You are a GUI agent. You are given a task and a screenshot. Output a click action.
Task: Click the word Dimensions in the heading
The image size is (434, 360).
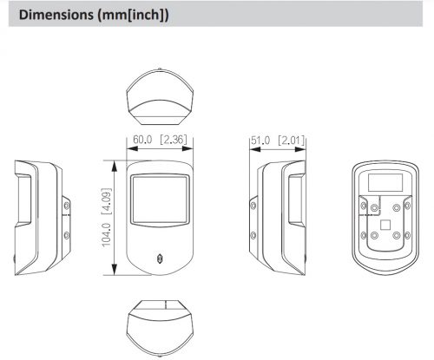pyautogui.click(x=56, y=15)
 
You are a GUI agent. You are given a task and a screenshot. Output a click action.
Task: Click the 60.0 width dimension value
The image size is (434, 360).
pyautogui.click(x=142, y=140)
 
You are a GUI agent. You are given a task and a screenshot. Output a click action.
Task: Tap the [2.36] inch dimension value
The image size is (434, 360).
pyautogui.click(x=174, y=140)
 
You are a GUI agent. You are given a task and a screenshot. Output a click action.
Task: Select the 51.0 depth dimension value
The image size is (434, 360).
pyautogui.click(x=260, y=141)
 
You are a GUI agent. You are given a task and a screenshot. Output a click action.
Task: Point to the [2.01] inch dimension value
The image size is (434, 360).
pyautogui.click(x=292, y=141)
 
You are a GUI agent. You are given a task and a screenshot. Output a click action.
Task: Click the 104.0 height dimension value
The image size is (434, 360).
pyautogui.click(x=107, y=235)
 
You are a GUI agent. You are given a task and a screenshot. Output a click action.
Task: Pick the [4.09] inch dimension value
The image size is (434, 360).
pyautogui.click(x=107, y=201)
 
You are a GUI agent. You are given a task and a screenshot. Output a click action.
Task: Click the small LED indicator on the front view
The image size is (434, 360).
pyautogui.click(x=159, y=259)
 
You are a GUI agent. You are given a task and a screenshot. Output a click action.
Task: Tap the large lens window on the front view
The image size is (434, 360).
pyautogui.click(x=160, y=200)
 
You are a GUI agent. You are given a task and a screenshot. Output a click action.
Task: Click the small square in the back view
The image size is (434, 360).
pyautogui.click(x=385, y=225)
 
